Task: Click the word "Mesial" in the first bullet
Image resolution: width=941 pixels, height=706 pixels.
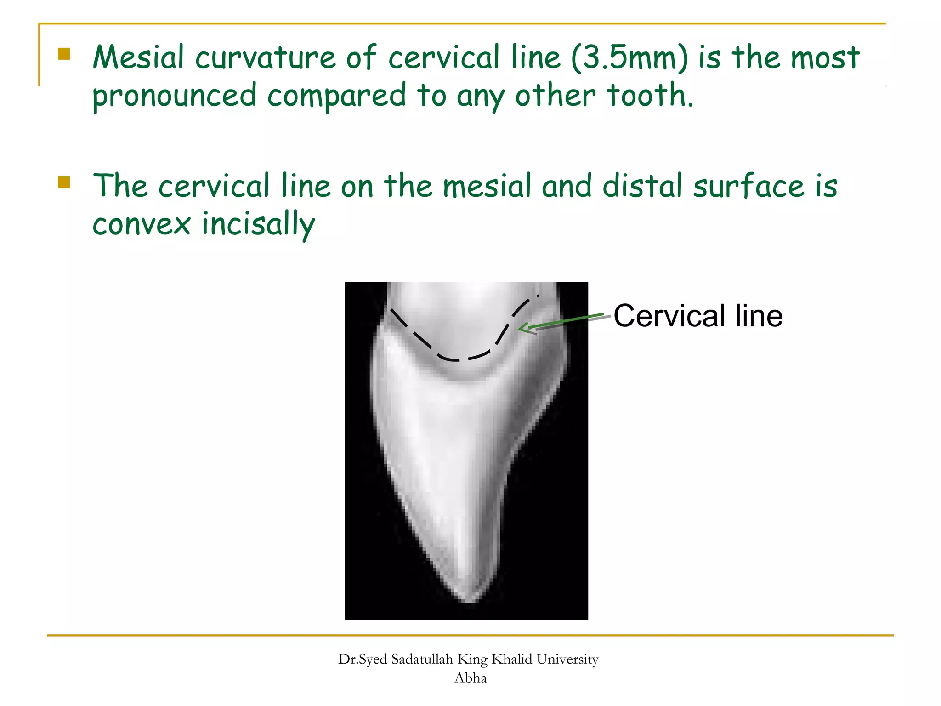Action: coord(138,57)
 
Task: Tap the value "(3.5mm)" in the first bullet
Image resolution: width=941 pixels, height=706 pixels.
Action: coord(630,58)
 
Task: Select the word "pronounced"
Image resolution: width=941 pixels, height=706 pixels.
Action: coord(174,96)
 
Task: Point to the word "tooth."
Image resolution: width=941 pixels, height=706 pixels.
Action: coord(650,95)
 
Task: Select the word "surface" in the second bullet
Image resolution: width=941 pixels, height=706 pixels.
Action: coord(748,186)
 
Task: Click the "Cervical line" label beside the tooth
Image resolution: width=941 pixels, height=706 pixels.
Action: coord(697,316)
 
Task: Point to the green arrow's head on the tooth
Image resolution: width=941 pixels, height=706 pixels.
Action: coord(522,328)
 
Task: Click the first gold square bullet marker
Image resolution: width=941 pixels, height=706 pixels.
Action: coord(64,54)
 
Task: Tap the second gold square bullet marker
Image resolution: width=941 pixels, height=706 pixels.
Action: coord(64,182)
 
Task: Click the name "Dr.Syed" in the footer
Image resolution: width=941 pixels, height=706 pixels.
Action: coord(363,660)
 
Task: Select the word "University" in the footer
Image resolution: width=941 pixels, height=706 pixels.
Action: coord(567,660)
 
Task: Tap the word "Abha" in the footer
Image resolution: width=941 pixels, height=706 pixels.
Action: coord(470,678)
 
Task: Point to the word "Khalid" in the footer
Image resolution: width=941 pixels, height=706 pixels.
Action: coord(512,660)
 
